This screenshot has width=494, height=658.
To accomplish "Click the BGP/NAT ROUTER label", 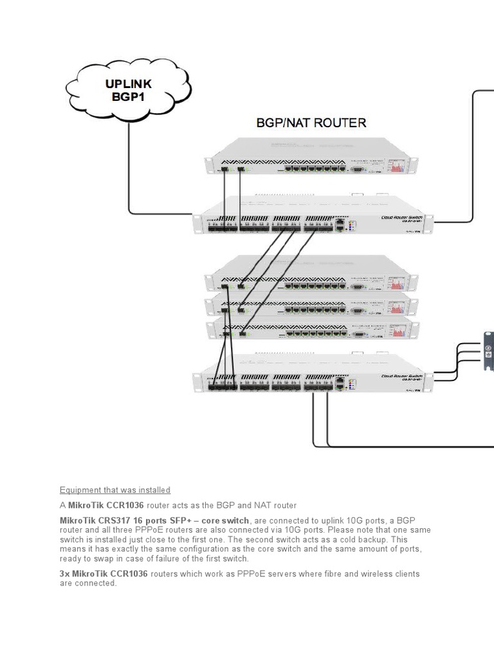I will pyautogui.click(x=311, y=123).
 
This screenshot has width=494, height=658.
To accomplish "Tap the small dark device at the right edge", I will pyautogui.click(x=488, y=351).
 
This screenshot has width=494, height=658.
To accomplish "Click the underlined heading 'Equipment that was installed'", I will pyautogui.click(x=115, y=490).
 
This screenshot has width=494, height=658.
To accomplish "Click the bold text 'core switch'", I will pyautogui.click(x=225, y=520).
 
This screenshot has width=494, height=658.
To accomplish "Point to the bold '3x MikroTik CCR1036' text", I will pyautogui.click(x=104, y=574).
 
